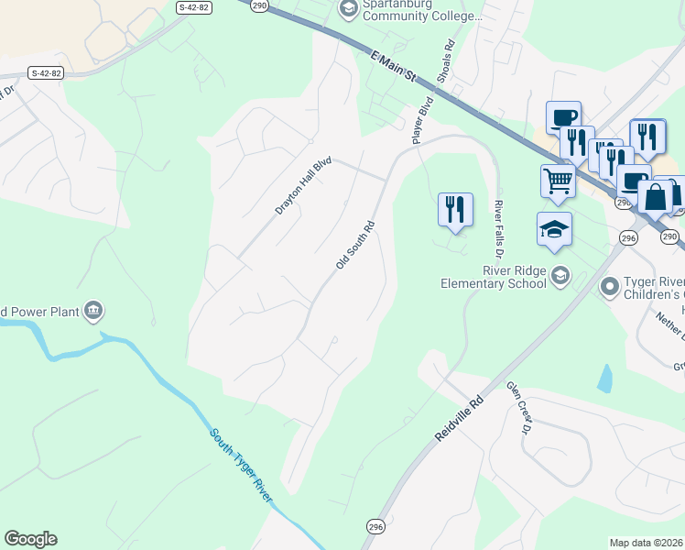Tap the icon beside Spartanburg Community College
click(x=348, y=9)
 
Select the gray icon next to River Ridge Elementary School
click(x=560, y=275)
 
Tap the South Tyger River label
click(x=241, y=466)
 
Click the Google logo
click(x=30, y=539)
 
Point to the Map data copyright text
click(x=647, y=543)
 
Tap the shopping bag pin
click(x=658, y=197)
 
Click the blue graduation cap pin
click(x=554, y=229)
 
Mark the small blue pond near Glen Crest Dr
click(x=603, y=379)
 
